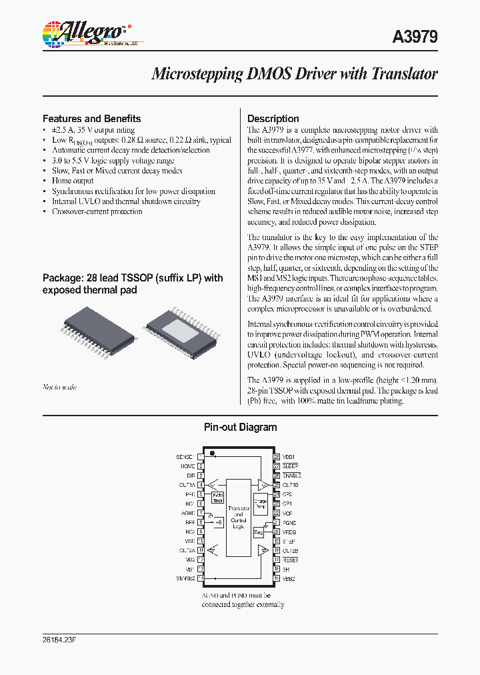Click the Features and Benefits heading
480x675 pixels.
click(91, 119)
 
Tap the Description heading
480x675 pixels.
click(273, 119)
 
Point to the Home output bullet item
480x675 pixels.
click(73, 181)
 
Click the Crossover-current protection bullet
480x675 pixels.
click(97, 211)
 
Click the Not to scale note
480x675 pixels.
click(59, 387)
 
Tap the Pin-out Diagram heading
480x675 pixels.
click(239, 428)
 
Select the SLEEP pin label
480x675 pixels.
click(290, 466)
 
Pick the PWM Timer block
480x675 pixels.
click(217, 497)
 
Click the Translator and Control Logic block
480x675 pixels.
click(239, 517)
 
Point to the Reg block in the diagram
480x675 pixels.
click(259, 532)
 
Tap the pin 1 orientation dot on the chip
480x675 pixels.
click(213, 454)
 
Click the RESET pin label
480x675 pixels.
click(291, 560)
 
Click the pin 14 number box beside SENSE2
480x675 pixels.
click(201, 578)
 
